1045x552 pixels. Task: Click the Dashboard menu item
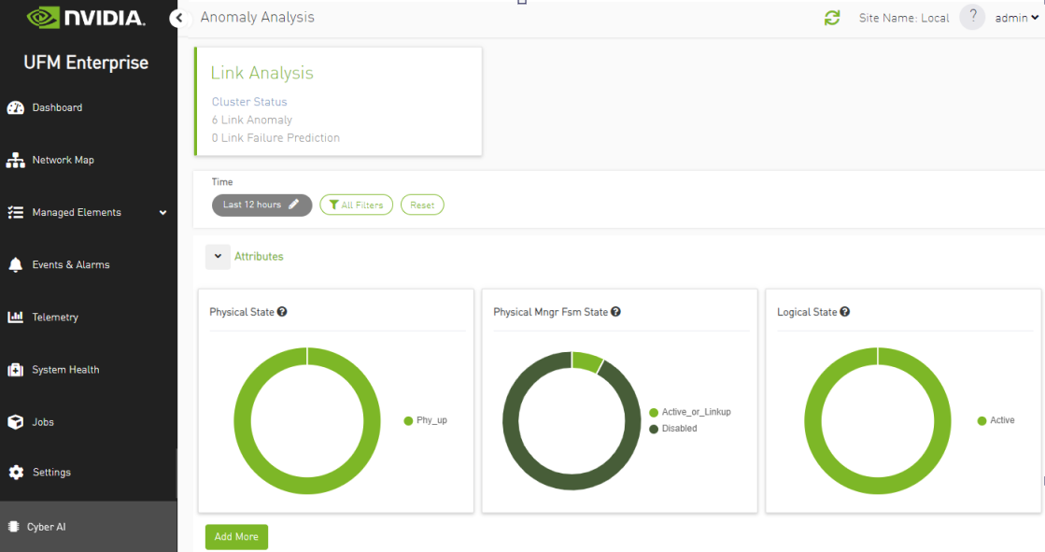tap(57, 107)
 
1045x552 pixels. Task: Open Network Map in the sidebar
tap(63, 160)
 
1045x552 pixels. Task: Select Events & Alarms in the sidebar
tap(70, 264)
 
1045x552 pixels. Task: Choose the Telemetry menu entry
tap(55, 317)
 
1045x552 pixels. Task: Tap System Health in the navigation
tap(65, 369)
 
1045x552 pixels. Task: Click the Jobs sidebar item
tap(43, 421)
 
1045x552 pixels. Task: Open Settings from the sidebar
tap(51, 472)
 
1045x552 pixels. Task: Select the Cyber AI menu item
tap(46, 527)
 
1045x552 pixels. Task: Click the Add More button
tap(236, 537)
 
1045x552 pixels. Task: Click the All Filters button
tap(356, 205)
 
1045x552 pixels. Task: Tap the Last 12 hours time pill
tap(261, 205)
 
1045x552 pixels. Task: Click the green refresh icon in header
tap(832, 18)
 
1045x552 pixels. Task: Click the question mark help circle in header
tap(972, 17)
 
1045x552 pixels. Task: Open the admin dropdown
tap(1016, 18)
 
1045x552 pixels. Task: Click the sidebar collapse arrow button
tap(177, 18)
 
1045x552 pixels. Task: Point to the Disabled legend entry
tap(679, 429)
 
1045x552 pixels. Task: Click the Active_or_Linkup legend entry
tap(696, 412)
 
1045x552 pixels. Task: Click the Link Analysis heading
tap(261, 73)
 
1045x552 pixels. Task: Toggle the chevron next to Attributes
tap(218, 256)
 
